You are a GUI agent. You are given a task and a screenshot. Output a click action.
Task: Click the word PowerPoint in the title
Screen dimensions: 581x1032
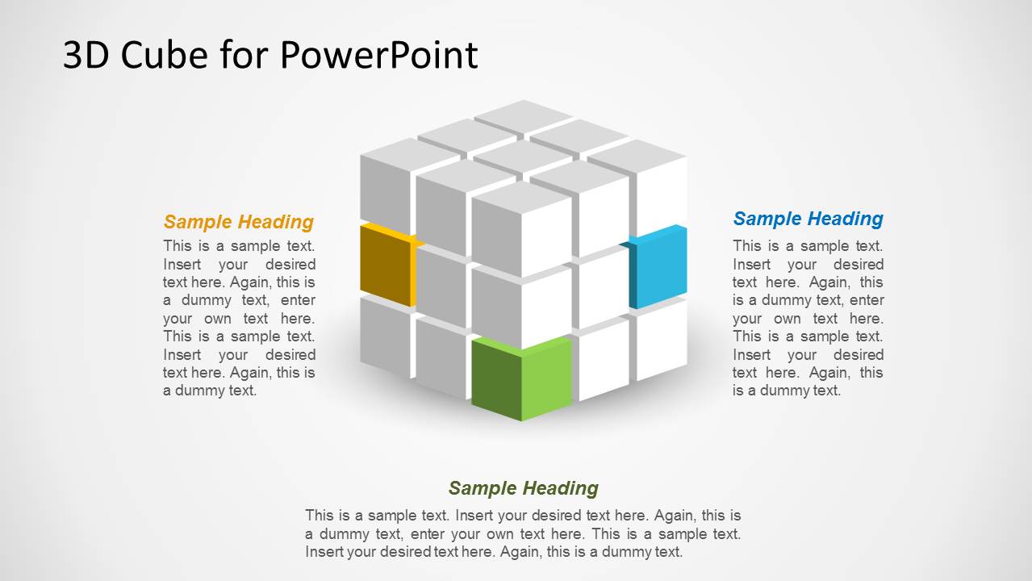point(379,55)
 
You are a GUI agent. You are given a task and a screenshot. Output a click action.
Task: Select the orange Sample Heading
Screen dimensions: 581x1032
point(238,222)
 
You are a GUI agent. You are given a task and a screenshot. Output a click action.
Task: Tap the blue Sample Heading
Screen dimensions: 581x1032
point(808,219)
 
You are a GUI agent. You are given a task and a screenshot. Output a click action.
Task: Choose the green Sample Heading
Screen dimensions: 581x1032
point(523,488)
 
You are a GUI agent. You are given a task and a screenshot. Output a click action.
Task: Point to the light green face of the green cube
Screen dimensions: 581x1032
point(546,378)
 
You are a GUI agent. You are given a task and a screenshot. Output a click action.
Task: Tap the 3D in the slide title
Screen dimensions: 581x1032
point(85,55)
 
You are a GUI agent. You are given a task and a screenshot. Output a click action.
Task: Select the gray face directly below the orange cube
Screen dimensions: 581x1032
point(386,335)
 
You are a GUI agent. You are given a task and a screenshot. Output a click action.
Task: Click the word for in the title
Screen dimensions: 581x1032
point(233,55)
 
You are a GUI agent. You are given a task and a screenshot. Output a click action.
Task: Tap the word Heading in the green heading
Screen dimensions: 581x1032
point(560,488)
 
